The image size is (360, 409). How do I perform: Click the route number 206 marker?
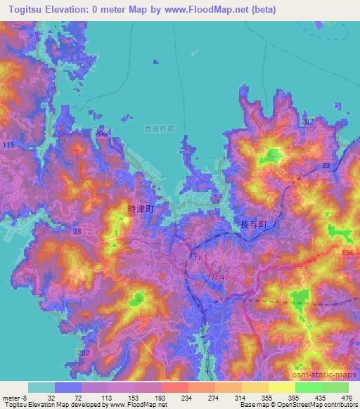(x=101, y=134)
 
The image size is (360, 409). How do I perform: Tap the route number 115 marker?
(x=8, y=145)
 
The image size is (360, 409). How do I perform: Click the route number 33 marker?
(x=326, y=165)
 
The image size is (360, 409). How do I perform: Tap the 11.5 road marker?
(x=202, y=259)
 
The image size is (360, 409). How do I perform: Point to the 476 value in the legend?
(x=345, y=397)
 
